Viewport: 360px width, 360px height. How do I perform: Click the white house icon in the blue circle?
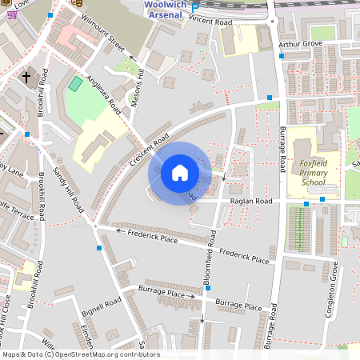click(x=180, y=172)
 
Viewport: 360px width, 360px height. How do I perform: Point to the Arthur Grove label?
click(x=300, y=44)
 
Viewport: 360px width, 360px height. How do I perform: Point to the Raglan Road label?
click(x=252, y=201)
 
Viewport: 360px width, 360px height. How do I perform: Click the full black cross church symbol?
click(x=26, y=78)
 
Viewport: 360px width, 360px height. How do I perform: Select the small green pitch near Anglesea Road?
click(x=75, y=83)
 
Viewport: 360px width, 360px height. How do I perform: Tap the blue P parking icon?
click(x=194, y=8)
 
